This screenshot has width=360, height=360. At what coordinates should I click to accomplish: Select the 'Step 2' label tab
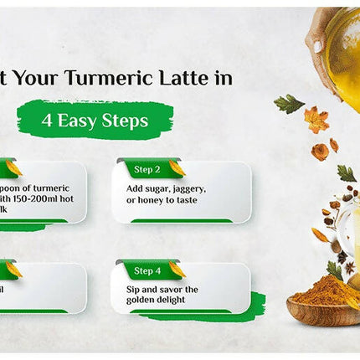coord(147,171)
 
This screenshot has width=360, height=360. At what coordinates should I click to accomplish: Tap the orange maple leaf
coord(316,119)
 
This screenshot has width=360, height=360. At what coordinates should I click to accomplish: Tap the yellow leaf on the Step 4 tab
coord(177,269)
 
